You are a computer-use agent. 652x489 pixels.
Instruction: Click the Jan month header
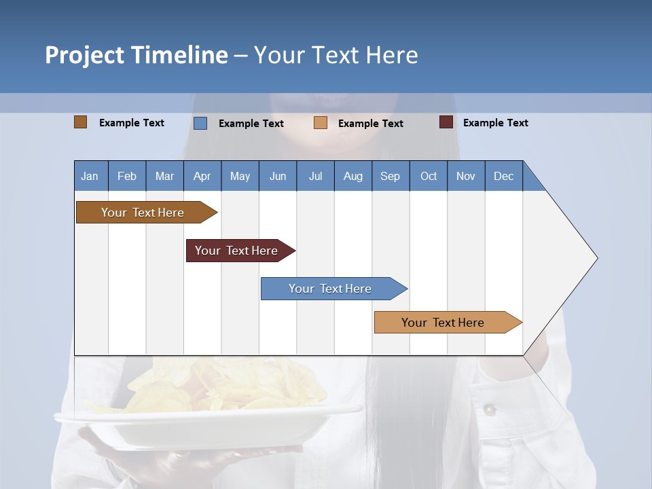(x=90, y=176)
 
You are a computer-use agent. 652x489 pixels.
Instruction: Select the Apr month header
(x=202, y=176)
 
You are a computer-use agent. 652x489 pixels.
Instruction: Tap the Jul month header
(x=315, y=176)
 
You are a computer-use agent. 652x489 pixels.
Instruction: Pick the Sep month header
(x=390, y=176)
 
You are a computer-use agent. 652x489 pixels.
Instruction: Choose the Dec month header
(x=503, y=176)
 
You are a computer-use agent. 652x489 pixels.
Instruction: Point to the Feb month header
(x=127, y=176)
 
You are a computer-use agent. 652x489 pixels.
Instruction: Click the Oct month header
(x=429, y=176)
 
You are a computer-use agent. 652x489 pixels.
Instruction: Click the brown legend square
(x=81, y=122)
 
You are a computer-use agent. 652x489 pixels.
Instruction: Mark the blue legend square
(x=200, y=123)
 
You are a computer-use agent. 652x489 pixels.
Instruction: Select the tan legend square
(x=321, y=123)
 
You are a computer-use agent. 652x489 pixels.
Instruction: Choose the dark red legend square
(x=446, y=122)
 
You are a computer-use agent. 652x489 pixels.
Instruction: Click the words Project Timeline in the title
(x=137, y=55)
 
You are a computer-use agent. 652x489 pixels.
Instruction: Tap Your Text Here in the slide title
(x=336, y=55)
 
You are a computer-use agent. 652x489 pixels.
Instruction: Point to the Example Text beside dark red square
(x=495, y=123)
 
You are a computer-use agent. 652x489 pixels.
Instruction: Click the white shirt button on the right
(x=488, y=409)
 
